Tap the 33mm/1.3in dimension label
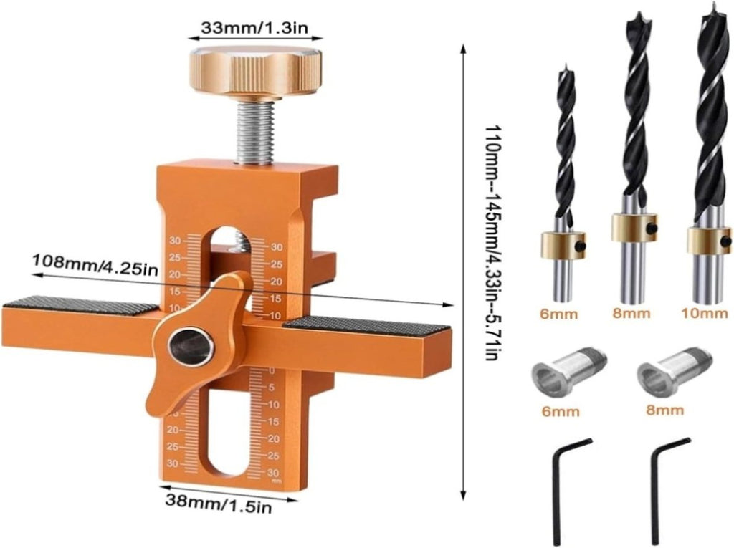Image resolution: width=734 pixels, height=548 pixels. tap(254, 28)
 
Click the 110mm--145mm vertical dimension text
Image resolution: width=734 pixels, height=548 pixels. tap(491, 242)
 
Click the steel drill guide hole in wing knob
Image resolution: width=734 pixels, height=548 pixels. tap(191, 347)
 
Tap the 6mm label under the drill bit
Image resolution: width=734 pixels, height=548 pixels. tap(558, 314)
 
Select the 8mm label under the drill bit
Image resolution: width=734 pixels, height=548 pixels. tap(631, 312)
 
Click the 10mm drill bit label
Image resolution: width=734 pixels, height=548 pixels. tap(705, 312)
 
